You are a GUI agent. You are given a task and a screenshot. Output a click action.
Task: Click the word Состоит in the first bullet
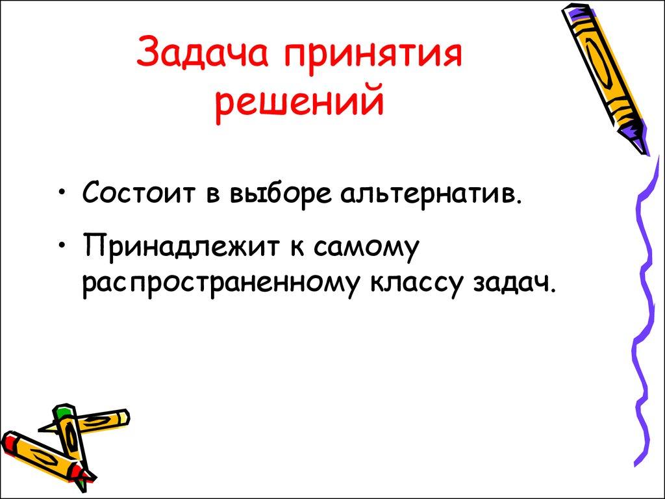point(142,194)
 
